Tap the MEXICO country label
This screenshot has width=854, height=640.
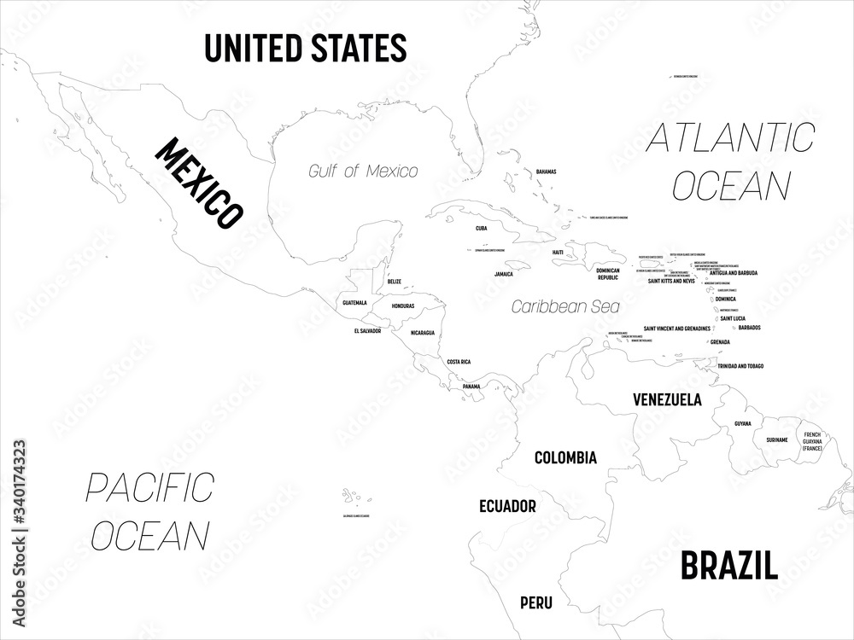pyautogui.click(x=196, y=183)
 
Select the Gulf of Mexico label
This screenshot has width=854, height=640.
pyautogui.click(x=363, y=171)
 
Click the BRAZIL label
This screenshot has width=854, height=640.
pyautogui.click(x=728, y=564)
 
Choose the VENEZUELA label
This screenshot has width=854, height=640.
pyautogui.click(x=667, y=399)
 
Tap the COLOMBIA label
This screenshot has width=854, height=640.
pyautogui.click(x=565, y=457)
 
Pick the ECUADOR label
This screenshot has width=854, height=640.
pyautogui.click(x=507, y=505)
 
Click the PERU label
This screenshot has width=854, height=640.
pyautogui.click(x=535, y=603)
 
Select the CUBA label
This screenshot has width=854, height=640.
pyautogui.click(x=482, y=229)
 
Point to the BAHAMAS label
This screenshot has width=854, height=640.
pyautogui.click(x=546, y=172)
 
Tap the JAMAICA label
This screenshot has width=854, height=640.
pyautogui.click(x=504, y=275)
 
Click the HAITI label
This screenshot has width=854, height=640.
pyautogui.click(x=558, y=252)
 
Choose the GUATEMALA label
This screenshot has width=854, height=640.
pyautogui.click(x=354, y=302)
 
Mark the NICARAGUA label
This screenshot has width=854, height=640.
pyautogui.click(x=422, y=332)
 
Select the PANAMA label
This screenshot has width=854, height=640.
pyautogui.click(x=471, y=387)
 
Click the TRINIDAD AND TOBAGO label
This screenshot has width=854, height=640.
pyautogui.click(x=740, y=365)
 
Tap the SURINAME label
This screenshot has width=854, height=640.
pyautogui.click(x=776, y=439)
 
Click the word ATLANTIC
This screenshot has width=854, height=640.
pyautogui.click(x=730, y=137)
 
